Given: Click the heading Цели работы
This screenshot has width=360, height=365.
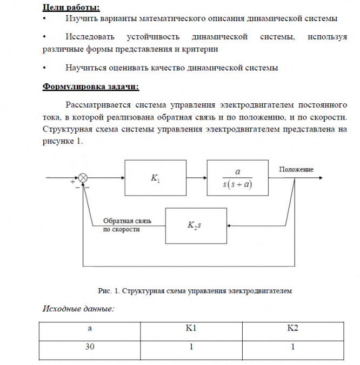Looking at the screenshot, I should [x=71, y=7].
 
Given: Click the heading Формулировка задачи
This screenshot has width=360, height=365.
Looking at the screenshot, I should [x=90, y=87].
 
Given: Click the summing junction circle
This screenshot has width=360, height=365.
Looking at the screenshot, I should [x=83, y=178].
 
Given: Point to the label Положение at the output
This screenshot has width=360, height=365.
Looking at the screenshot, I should [x=296, y=170].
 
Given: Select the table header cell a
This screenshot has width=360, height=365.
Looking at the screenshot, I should [x=90, y=328].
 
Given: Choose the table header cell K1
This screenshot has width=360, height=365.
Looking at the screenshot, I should [x=191, y=328].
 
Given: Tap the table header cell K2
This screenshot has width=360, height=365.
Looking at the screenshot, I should [x=292, y=328].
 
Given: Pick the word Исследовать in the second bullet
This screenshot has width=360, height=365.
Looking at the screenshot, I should [x=89, y=37].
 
